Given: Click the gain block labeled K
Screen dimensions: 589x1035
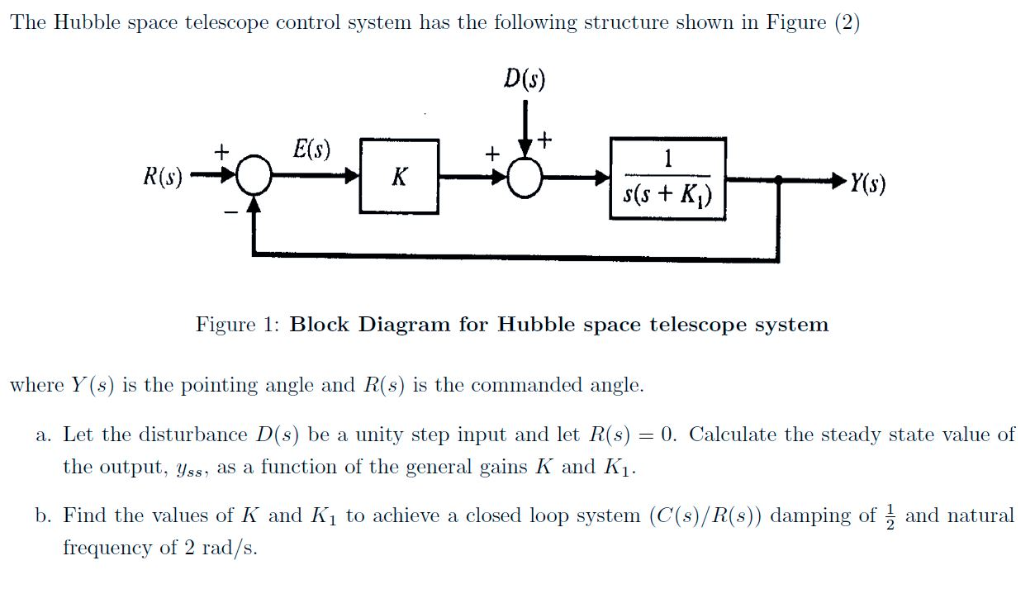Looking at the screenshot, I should pos(399,177).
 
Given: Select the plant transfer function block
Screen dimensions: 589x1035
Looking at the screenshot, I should pos(667,178).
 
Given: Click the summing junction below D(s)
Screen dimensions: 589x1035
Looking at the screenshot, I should pos(525,177).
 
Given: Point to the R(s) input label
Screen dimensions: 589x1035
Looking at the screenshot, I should pos(163,177).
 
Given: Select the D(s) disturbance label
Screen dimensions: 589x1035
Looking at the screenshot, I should pos(525,79).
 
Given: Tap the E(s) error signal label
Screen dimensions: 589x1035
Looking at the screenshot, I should pos(311,150).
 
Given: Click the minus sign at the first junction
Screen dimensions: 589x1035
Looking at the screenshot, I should pos(233,213).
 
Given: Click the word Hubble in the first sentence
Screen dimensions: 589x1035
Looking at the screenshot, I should pos(82,22).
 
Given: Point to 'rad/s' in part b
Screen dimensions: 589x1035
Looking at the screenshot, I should pos(225,548).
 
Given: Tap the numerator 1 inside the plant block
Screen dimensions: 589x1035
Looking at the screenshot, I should pos(667,158).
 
